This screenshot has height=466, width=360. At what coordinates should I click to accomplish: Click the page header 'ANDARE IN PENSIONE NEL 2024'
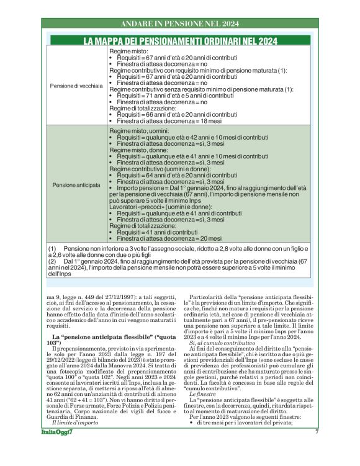(180, 24)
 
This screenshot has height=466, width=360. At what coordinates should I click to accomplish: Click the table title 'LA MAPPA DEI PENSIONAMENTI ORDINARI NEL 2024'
(180, 42)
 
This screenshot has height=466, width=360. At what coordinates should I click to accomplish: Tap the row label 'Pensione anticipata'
(76, 184)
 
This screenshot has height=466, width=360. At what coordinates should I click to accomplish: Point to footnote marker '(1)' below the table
(53, 248)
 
